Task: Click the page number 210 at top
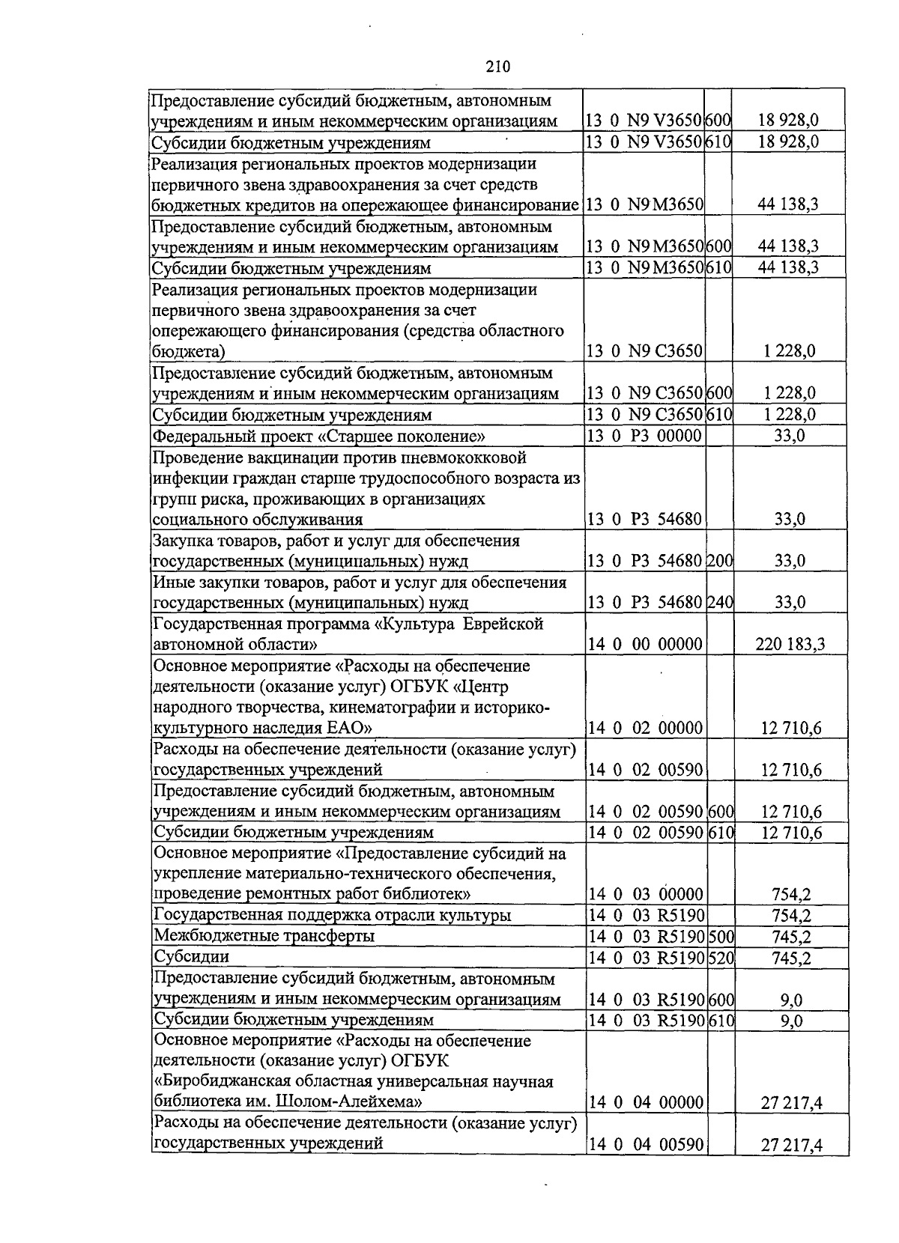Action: point(497,67)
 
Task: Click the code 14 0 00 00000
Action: point(644,644)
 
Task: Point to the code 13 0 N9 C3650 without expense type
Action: point(644,351)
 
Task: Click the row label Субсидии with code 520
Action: point(191,957)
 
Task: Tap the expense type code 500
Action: point(720,936)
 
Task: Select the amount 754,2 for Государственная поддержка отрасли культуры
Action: point(791,915)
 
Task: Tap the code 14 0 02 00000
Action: point(645,728)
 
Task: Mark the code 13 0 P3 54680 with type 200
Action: point(644,561)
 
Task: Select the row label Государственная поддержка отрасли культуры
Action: point(333,915)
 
